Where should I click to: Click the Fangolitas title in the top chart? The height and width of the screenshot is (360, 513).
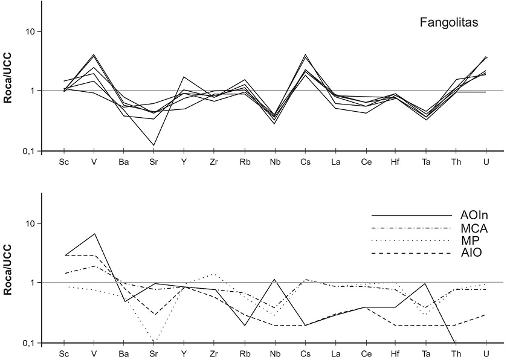tap(449, 23)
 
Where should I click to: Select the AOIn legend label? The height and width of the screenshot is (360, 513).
tap(474, 216)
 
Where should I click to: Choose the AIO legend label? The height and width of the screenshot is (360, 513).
tap(471, 252)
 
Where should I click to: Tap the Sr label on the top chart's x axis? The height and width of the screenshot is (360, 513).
tap(154, 162)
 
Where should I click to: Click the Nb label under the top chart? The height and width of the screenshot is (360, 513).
tap(275, 162)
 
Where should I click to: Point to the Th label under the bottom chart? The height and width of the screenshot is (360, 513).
tap(455, 354)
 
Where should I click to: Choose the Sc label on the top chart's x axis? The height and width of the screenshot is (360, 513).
tap(63, 162)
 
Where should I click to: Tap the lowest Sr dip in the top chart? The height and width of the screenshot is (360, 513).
tap(154, 145)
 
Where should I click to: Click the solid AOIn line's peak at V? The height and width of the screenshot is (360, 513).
tap(94, 233)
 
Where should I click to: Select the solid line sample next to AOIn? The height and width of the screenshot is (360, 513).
tap(411, 216)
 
